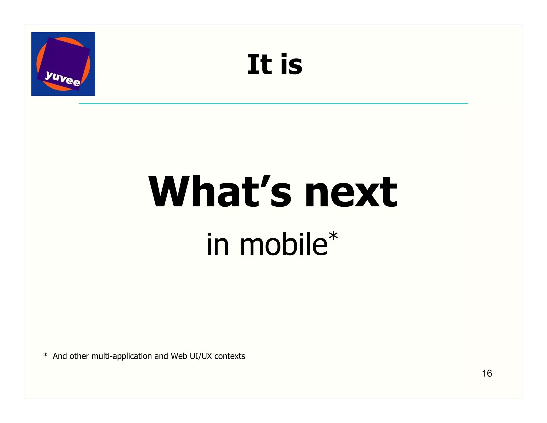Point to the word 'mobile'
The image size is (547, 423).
(283, 244)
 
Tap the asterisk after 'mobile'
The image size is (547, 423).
(333, 236)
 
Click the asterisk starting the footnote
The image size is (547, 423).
(45, 355)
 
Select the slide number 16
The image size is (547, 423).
(487, 373)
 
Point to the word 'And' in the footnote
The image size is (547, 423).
(60, 356)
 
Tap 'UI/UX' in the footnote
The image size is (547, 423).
(201, 356)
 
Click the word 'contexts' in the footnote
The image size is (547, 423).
(230, 356)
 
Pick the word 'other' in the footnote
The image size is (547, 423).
(79, 356)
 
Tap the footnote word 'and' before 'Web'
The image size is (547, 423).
(161, 356)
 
